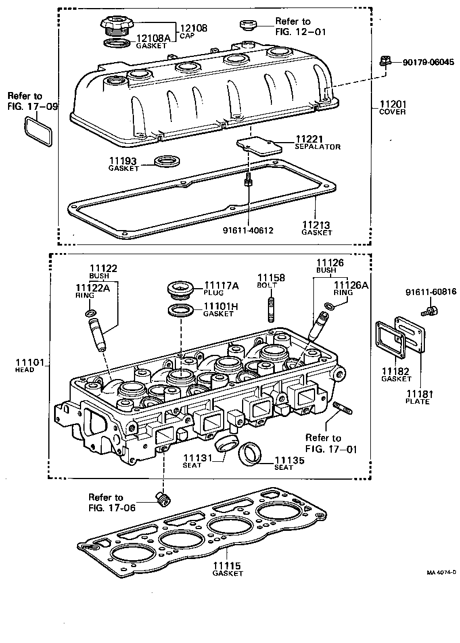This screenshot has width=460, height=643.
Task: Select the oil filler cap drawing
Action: pyautogui.click(x=115, y=26)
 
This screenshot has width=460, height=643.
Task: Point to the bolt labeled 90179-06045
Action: pyautogui.click(x=386, y=61)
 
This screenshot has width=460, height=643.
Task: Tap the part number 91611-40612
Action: pyautogui.click(x=248, y=230)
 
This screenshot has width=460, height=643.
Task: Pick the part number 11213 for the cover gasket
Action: pyautogui.click(x=316, y=225)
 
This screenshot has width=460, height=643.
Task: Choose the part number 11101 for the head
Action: pyautogui.click(x=25, y=362)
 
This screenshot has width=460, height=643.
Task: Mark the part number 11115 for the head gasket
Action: pyautogui.click(x=227, y=566)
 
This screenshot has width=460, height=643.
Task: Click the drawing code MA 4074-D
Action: pyautogui.click(x=441, y=573)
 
